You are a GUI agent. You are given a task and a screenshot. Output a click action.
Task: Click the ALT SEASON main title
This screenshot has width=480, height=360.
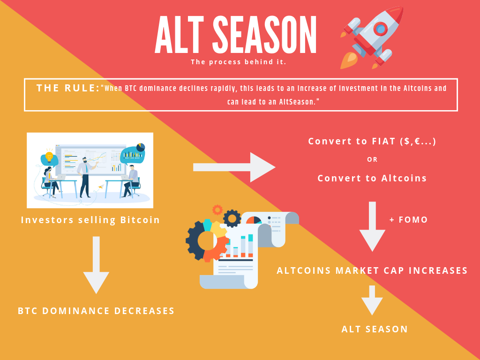236,35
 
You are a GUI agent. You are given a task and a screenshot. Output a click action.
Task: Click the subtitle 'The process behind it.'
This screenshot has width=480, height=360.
238,62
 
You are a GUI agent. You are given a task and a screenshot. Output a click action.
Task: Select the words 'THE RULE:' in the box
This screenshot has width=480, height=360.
68,88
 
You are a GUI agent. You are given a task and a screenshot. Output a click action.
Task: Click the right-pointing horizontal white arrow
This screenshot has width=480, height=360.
234,167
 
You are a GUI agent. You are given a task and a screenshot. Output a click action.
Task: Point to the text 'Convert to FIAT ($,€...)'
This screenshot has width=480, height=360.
372,142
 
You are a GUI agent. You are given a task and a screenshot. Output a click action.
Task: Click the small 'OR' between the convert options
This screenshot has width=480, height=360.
372,160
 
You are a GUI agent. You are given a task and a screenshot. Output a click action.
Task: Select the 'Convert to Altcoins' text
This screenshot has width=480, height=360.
372,178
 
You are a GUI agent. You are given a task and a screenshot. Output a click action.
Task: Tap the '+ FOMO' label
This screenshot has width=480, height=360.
408,220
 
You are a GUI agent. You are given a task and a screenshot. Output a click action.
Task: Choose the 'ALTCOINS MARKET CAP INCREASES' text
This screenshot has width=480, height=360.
372,270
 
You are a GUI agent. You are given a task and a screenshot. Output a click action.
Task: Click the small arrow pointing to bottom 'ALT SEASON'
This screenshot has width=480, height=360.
372,300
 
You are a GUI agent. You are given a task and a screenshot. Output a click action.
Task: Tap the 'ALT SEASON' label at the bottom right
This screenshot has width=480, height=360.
375,329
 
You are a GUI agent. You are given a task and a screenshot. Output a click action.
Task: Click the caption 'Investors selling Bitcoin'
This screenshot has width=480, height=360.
90,220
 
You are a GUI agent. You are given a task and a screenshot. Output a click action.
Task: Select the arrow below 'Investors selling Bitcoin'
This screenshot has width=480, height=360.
96,265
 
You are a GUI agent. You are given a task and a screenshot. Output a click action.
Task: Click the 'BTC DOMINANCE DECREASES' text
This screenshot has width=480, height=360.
96,311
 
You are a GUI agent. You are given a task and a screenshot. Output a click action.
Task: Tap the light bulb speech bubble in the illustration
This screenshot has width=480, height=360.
49,158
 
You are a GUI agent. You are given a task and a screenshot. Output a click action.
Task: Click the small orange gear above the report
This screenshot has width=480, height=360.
217,210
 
